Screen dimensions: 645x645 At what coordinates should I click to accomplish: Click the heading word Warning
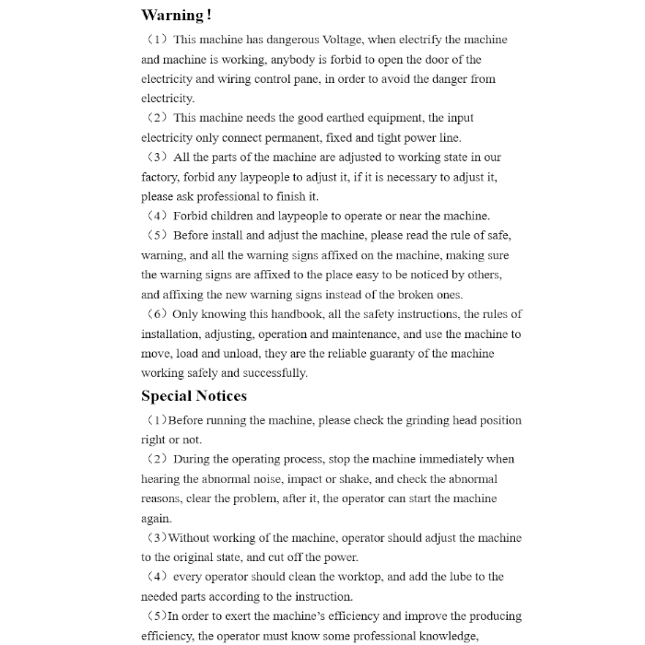click(172, 15)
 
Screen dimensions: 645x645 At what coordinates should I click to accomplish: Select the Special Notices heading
click(193, 396)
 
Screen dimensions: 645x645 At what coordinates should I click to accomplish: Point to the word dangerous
click(287, 40)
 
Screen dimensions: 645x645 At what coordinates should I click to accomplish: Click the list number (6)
click(156, 314)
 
